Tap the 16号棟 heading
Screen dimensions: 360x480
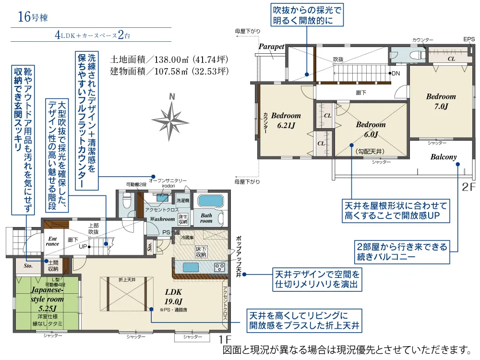(x=33, y=18)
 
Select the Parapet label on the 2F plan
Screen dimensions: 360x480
(x=272, y=47)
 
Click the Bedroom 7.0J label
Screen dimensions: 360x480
(x=441, y=101)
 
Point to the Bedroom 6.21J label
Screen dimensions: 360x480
(x=286, y=120)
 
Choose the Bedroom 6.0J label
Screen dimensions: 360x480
(x=371, y=129)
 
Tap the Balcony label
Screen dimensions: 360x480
(x=443, y=157)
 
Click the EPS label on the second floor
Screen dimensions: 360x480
(x=468, y=39)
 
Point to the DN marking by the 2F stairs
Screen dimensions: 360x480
(x=396, y=74)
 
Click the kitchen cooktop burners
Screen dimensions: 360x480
(x=219, y=267)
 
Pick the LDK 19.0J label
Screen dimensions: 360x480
(x=173, y=296)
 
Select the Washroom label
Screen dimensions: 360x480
(x=162, y=219)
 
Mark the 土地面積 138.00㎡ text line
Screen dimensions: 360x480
(x=168, y=60)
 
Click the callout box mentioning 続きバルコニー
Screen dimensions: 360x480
(x=402, y=252)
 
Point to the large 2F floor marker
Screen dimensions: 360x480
(x=468, y=186)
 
